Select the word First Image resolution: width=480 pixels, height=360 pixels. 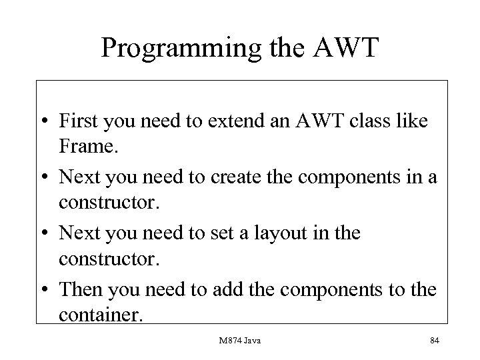[x=77, y=121]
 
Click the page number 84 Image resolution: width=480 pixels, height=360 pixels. [x=434, y=341]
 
